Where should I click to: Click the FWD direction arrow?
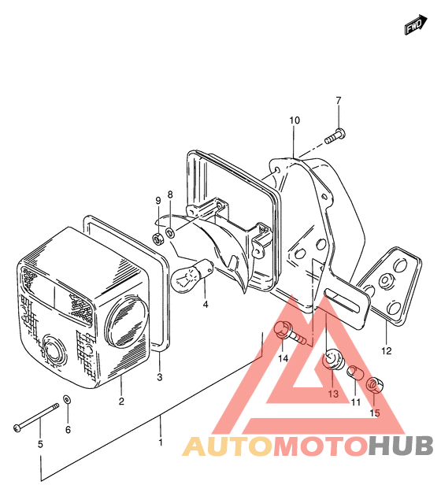coord(416,24)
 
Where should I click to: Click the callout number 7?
coord(339,101)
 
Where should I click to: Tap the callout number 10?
coord(295,120)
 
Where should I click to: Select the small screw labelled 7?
coord(335,136)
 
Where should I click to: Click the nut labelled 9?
coord(157,239)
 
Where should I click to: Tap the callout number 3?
coord(160,377)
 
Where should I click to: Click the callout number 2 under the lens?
coord(121,401)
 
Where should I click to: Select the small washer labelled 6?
coord(68,399)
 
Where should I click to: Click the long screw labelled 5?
coord(36,416)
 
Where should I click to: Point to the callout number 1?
coord(161,442)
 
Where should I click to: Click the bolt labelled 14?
coord(290,335)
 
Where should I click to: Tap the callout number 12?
coord(387,351)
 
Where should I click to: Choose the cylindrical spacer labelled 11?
coord(354,372)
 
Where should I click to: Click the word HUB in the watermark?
coord(401,446)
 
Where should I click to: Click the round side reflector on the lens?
coord(127,320)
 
